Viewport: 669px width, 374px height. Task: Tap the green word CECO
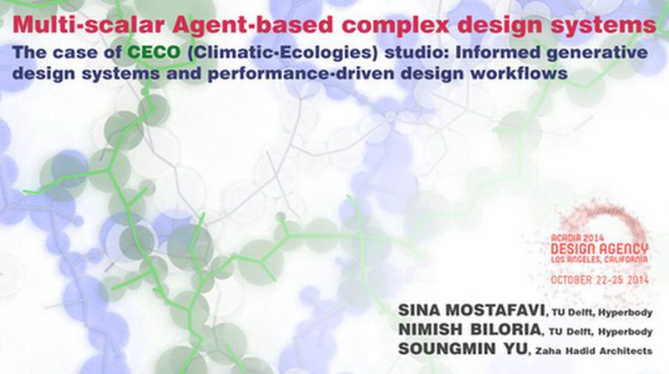point(154,52)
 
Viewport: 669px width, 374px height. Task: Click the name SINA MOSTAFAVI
point(471,310)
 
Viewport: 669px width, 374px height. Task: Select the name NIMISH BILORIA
point(470,330)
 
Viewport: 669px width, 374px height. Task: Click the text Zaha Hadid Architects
point(594,351)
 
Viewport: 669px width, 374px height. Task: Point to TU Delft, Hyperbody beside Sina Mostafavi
point(602,312)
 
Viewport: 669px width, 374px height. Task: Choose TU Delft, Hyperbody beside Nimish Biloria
point(601,332)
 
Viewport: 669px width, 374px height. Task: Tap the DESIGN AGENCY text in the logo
point(599,249)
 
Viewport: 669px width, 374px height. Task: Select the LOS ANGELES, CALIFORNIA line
point(599,260)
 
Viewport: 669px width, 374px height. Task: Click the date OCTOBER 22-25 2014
point(599,280)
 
